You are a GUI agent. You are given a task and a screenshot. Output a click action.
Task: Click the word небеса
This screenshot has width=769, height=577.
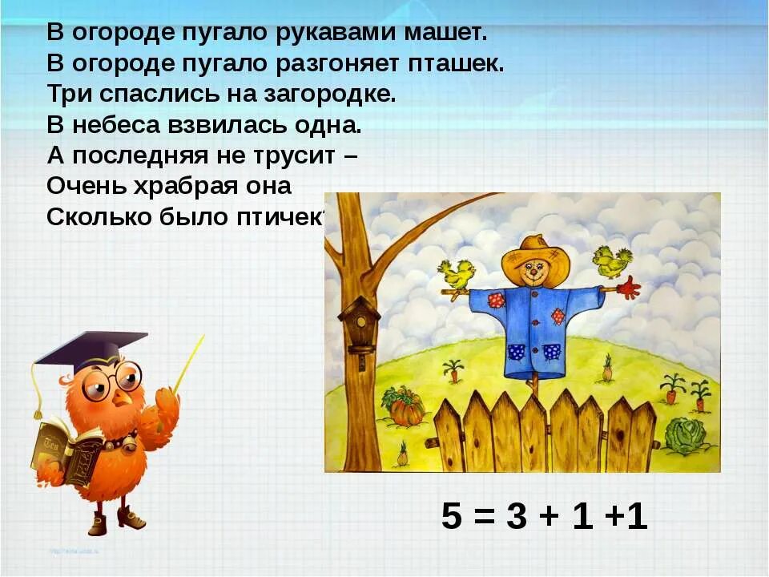(112, 125)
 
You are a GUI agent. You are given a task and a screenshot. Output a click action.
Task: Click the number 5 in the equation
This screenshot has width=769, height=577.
(453, 518)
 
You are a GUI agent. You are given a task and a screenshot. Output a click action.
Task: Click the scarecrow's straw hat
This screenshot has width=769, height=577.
(534, 255)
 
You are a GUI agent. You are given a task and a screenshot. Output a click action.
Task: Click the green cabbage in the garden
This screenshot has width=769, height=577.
(684, 435)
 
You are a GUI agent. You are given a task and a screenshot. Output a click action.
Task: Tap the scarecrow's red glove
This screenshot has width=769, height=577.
(630, 287)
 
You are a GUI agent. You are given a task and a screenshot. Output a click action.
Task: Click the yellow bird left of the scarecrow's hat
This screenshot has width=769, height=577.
(457, 274)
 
